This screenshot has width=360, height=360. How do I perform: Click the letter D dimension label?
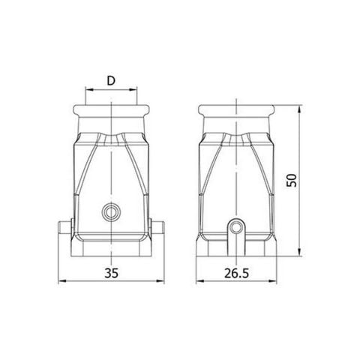tap(112, 79)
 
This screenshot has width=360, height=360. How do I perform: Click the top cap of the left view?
tap(111, 117)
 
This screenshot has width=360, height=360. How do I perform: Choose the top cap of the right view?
tap(238, 117)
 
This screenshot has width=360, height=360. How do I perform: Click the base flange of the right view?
tap(238, 246)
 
